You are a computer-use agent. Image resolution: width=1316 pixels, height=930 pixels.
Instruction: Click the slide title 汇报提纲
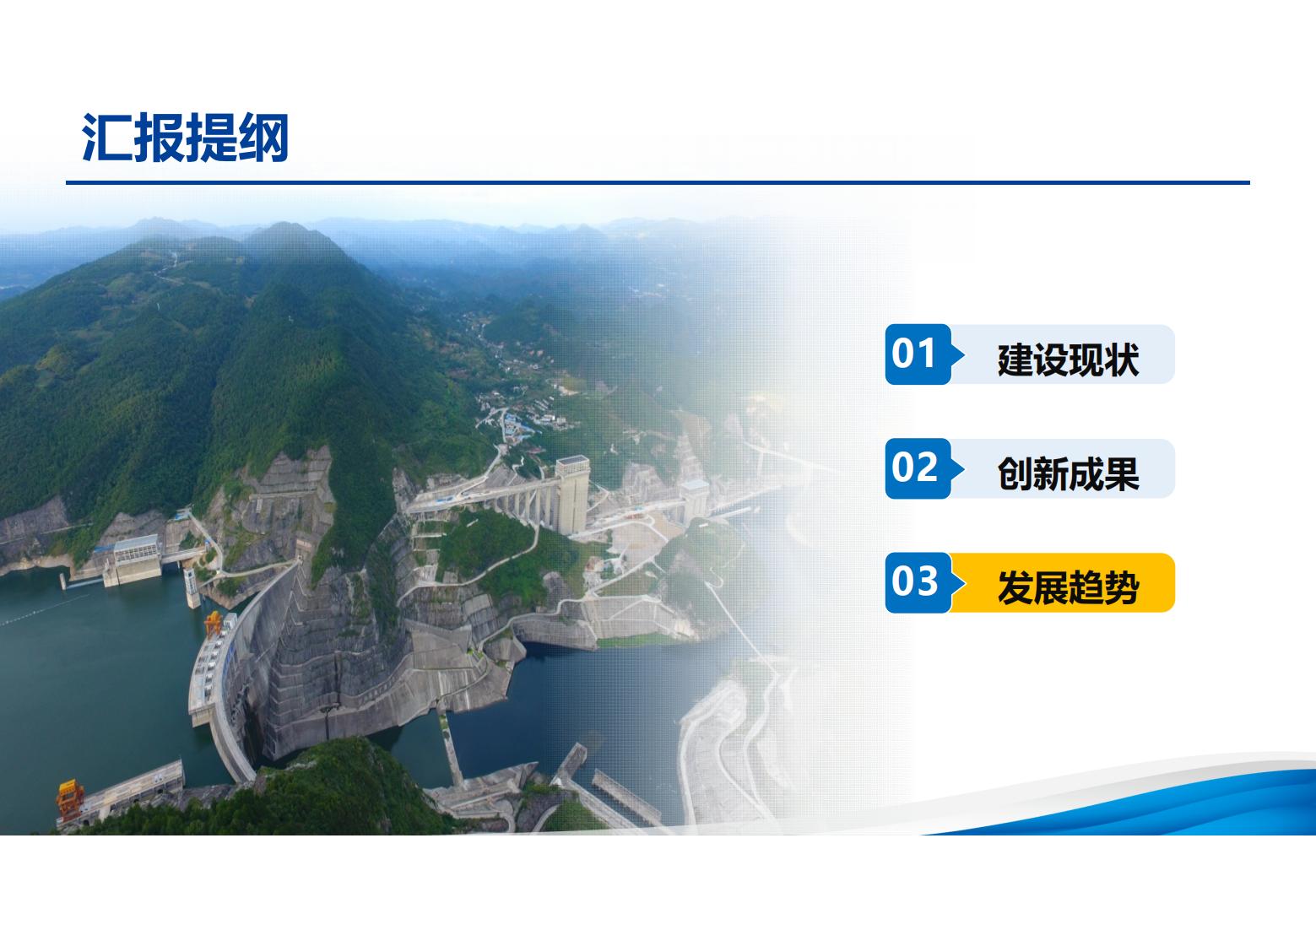click(x=185, y=138)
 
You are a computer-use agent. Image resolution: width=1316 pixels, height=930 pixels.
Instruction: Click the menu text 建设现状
click(x=1068, y=360)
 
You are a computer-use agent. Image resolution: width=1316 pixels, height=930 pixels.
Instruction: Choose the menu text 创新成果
click(x=1068, y=473)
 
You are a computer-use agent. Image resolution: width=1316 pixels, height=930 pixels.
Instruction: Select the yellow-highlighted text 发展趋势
click(x=1068, y=587)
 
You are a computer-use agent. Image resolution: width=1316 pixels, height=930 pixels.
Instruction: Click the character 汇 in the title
click(x=107, y=138)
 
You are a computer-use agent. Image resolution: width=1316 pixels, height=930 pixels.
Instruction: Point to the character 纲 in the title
click(x=263, y=138)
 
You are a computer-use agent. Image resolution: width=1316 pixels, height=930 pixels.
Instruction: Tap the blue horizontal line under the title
click(x=658, y=183)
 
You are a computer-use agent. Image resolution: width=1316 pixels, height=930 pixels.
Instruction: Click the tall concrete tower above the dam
click(x=572, y=495)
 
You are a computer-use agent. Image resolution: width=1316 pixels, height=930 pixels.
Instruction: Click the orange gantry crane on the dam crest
click(x=214, y=624)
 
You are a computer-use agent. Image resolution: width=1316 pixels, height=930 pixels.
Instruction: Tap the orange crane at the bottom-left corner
click(x=70, y=799)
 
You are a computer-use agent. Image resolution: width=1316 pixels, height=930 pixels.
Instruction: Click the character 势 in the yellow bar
click(x=1122, y=587)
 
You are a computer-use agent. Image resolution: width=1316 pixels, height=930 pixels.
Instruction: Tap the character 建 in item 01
click(x=1015, y=360)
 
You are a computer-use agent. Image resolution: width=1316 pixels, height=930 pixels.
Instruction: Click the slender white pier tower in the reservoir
click(x=192, y=587)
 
